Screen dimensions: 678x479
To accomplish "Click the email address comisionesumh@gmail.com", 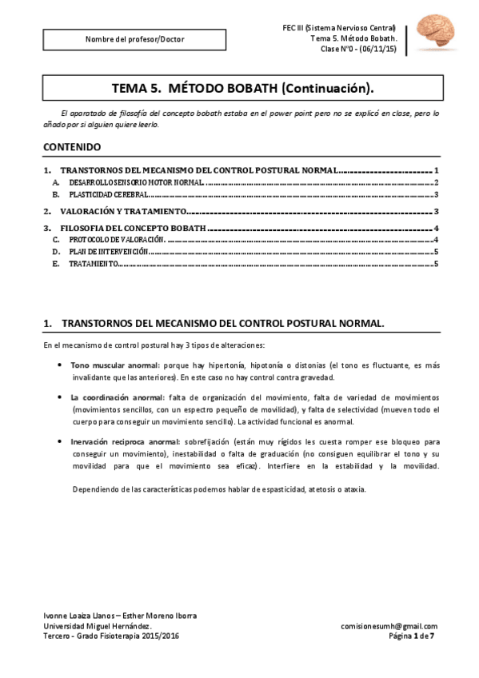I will click(389, 626).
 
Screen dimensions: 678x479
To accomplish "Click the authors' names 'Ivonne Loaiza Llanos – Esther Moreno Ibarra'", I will click(119, 616).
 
